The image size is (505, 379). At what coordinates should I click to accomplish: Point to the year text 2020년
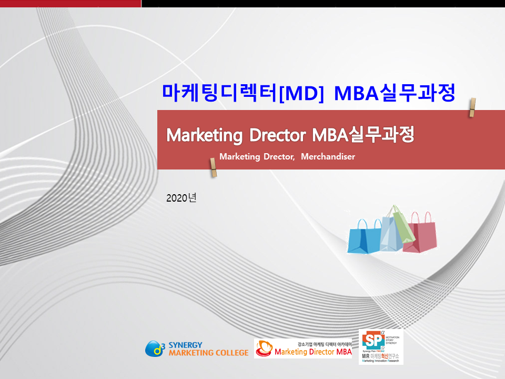181,198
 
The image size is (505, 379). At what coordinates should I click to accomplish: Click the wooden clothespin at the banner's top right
472,107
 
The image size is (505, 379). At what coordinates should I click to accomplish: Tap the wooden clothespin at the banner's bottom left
213,167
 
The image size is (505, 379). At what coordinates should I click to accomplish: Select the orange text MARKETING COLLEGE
208,353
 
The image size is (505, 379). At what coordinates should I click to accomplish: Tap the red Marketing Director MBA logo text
313,352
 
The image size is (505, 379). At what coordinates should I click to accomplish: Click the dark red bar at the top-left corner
70,3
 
